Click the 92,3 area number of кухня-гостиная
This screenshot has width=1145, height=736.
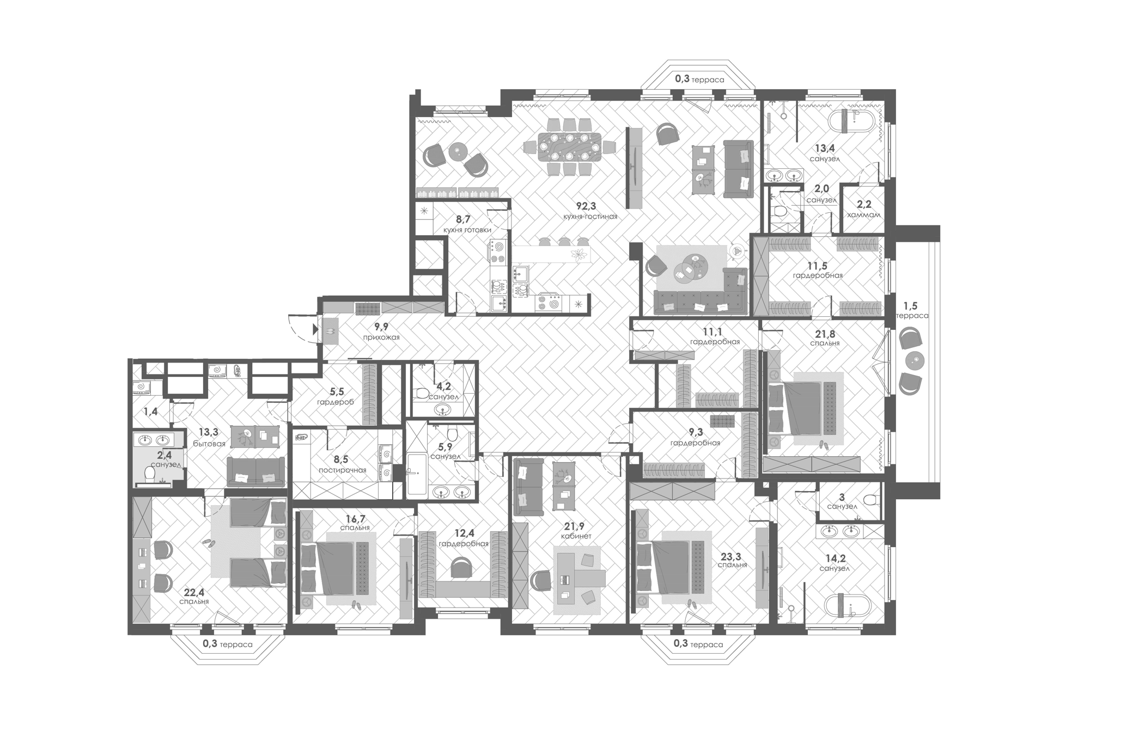(586, 206)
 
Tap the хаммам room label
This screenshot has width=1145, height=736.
(863, 215)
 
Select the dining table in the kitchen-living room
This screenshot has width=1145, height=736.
(569, 147)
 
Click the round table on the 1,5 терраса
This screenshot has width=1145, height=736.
(915, 360)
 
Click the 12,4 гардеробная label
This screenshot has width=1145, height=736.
(463, 538)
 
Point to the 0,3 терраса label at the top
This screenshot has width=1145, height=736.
(699, 79)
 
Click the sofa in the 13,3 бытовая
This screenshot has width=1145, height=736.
(255, 471)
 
